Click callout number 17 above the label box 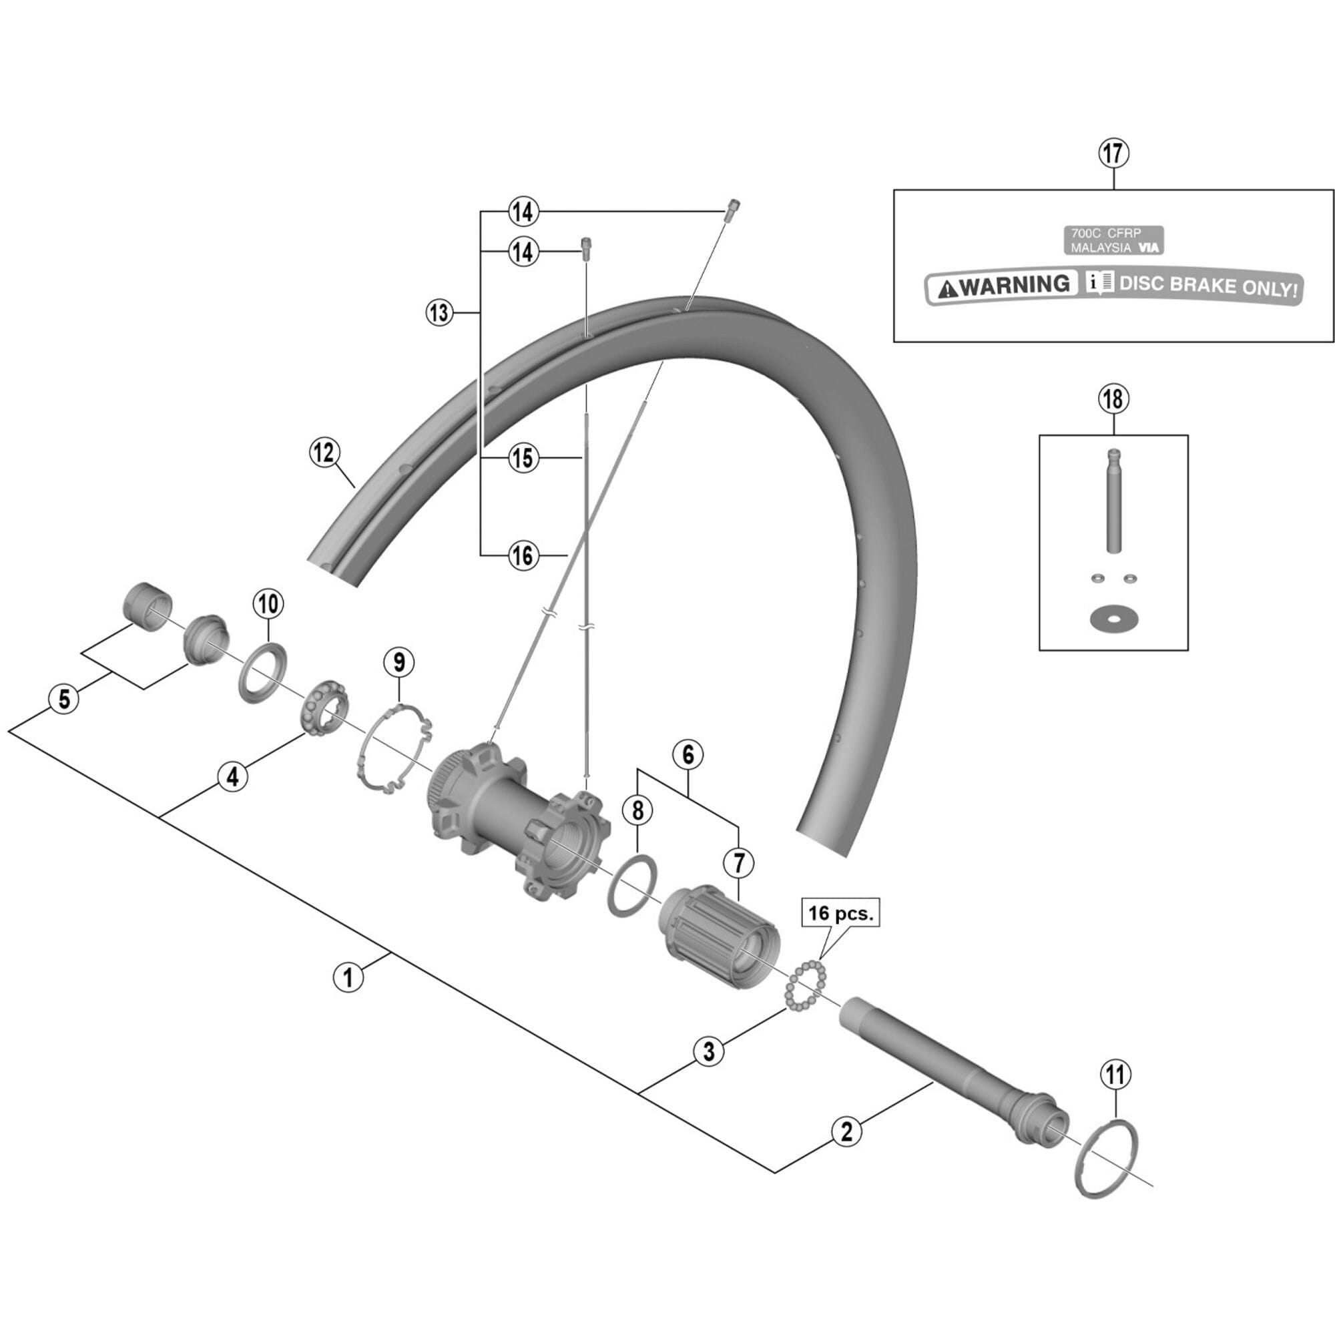pos(1114,154)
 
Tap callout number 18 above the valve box pos(1114,399)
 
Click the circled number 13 pos(439,313)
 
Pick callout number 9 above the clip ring pos(398,662)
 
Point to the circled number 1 pos(348,977)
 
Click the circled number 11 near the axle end pos(1116,1075)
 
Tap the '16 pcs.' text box pos(840,912)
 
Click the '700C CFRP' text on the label pos(1105,234)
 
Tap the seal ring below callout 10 pos(262,672)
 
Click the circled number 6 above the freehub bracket pos(688,754)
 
